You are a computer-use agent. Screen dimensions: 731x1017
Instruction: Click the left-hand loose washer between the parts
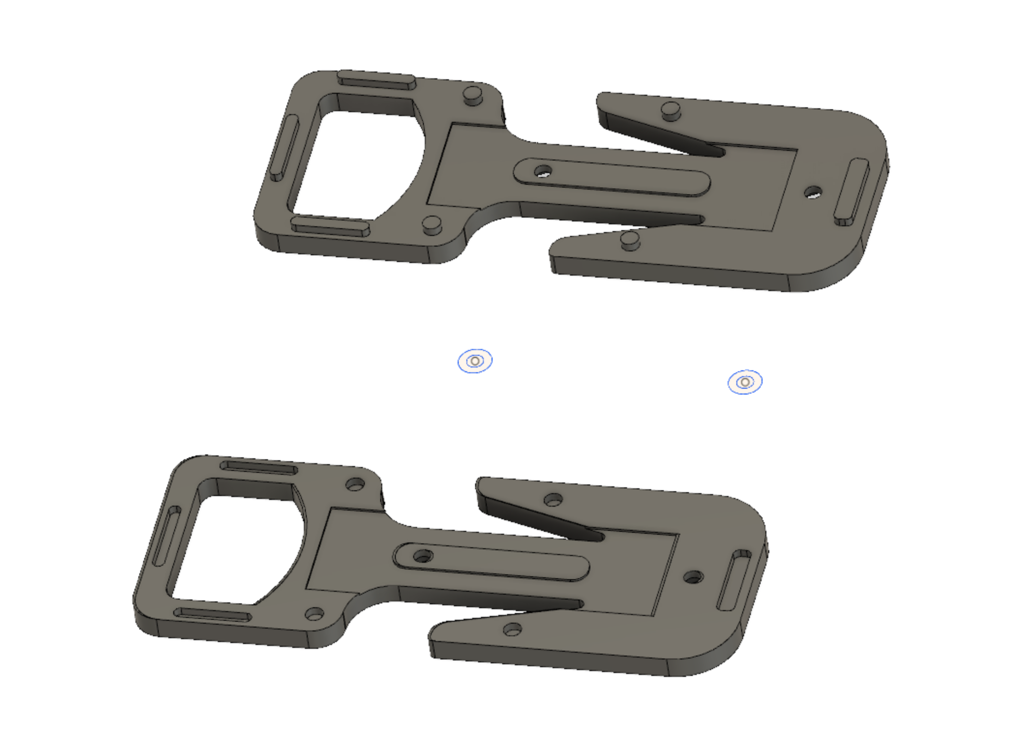475,361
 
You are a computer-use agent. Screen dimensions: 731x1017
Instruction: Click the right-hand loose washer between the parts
745,382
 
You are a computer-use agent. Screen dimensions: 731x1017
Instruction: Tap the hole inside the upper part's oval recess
543,171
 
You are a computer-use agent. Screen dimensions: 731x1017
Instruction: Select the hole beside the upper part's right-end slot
813,192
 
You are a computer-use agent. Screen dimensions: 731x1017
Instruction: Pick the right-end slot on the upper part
852,192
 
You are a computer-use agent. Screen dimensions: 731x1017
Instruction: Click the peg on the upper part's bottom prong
630,239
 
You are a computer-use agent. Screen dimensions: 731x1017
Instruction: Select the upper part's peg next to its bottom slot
432,224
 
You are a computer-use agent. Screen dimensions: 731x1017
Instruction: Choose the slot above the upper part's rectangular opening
376,80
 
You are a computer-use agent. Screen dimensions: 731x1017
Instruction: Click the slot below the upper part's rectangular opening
331,226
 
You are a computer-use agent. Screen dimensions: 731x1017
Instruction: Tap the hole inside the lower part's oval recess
423,556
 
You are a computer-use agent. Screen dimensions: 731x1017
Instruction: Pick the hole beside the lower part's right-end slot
693,577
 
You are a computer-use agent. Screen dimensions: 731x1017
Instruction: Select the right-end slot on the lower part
733,580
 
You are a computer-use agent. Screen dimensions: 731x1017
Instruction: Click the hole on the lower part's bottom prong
512,629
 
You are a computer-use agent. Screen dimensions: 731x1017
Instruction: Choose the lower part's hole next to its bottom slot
314,614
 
